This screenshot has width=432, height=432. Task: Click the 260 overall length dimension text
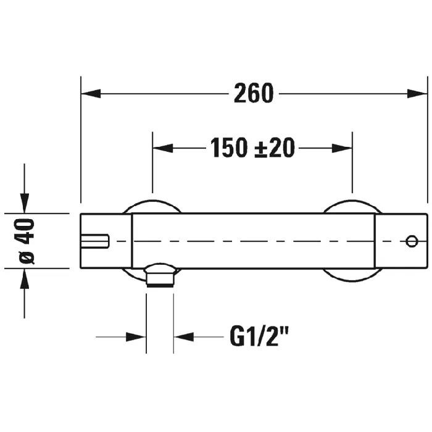254,93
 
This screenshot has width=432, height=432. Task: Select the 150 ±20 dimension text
252,148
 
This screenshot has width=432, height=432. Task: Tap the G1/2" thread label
259,336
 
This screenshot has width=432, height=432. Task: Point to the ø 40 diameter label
27,241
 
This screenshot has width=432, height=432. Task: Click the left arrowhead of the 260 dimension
91,93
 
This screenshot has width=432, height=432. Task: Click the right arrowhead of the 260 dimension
417,93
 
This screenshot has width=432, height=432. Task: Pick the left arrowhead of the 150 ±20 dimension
163,148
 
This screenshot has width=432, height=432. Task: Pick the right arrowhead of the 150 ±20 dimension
342,148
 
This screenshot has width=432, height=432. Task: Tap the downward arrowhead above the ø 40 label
25,203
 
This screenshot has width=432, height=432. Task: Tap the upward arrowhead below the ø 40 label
25,278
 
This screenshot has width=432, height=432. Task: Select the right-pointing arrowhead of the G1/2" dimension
136,337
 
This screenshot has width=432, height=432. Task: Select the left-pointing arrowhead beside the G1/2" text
184,337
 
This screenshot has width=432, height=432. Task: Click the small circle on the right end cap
412,241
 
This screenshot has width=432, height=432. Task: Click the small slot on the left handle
95,241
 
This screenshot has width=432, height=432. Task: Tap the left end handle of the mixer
106,241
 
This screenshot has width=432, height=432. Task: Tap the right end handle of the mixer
401,241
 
